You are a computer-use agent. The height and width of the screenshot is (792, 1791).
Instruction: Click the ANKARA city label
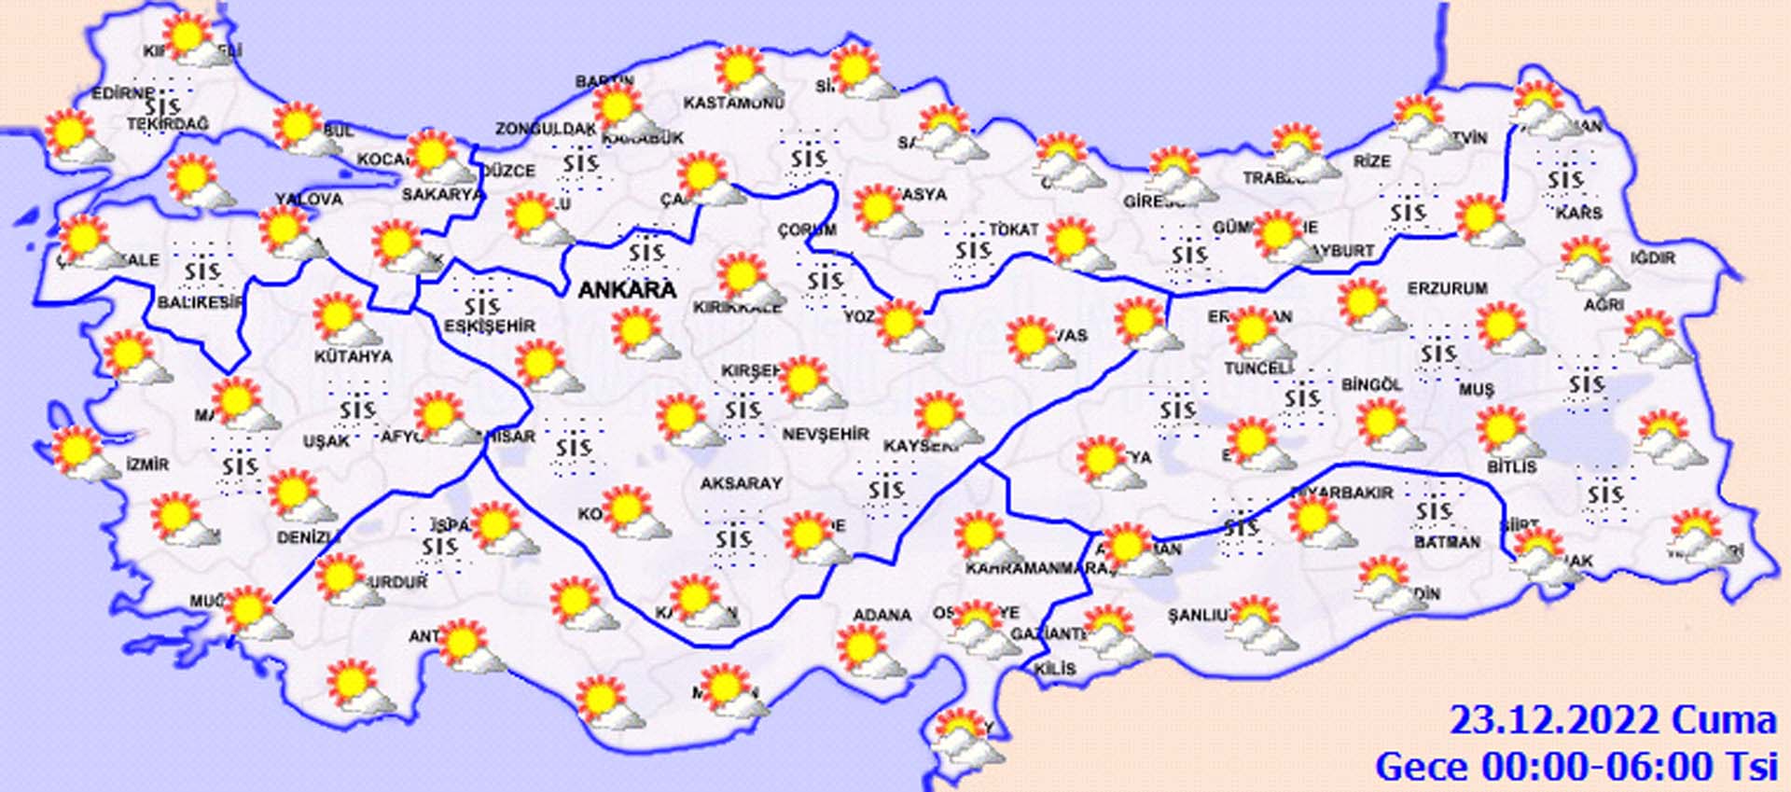tap(627, 290)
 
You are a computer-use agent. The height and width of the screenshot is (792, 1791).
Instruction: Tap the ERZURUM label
tap(1447, 289)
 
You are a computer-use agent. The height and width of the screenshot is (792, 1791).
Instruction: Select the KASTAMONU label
tap(733, 103)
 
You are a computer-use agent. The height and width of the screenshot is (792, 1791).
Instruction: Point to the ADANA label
tap(882, 615)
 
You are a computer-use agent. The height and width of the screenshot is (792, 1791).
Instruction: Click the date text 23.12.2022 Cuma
tap(1612, 721)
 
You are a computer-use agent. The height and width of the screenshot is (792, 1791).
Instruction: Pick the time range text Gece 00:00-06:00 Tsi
tap(1576, 767)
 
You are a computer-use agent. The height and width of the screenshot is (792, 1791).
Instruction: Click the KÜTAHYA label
tap(353, 356)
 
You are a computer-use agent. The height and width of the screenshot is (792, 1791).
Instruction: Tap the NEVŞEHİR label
tap(826, 434)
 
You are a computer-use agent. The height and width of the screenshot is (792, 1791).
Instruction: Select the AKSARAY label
tap(742, 483)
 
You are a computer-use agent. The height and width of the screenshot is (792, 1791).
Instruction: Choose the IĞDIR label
tap(1653, 257)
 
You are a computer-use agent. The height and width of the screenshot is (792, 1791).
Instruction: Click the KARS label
tap(1578, 214)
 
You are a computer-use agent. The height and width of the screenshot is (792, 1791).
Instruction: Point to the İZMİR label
tap(148, 464)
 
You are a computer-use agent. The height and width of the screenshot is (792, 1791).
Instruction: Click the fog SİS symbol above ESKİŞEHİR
tap(482, 305)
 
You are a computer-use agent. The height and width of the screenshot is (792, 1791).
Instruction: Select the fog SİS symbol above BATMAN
tap(1433, 511)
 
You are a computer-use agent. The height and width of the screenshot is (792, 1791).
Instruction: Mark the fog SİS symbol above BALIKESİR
tap(202, 271)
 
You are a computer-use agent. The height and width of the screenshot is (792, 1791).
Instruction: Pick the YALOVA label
tap(309, 199)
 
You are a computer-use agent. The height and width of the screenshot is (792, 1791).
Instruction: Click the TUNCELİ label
tap(1258, 368)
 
